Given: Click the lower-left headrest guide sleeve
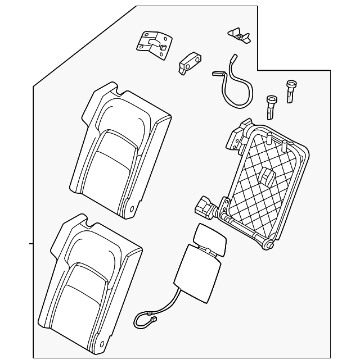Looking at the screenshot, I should (x=272, y=106).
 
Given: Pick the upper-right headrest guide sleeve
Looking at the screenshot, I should (x=291, y=90).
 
